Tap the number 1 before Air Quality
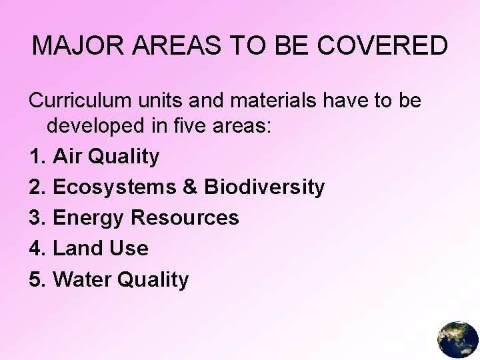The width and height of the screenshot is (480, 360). pyautogui.click(x=36, y=157)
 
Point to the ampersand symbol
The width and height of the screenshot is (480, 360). pyautogui.click(x=190, y=187)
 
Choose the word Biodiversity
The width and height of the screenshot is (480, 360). pyautogui.click(x=264, y=187)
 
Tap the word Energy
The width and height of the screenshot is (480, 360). pyautogui.click(x=89, y=218)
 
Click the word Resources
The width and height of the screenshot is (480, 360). pyautogui.click(x=185, y=218)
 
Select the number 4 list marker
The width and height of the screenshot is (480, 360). pyautogui.click(x=36, y=249)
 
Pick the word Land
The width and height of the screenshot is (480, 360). pyautogui.click(x=77, y=249)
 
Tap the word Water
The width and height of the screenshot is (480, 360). pyautogui.click(x=83, y=279)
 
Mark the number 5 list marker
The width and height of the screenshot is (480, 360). pyautogui.click(x=36, y=279)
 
